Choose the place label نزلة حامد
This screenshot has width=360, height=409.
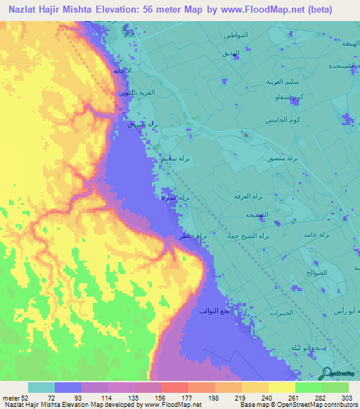coord(316,233)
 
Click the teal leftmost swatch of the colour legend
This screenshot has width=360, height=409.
coord(41,387)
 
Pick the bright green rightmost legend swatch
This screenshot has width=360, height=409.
coord(335,387)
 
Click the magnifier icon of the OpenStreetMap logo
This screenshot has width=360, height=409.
coord(328,373)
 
